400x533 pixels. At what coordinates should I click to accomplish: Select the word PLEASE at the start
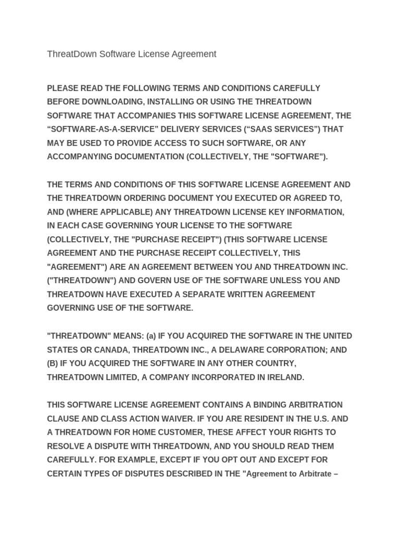coord(63,88)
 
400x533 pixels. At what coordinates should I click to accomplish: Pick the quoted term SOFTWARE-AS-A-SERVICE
coord(96,129)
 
